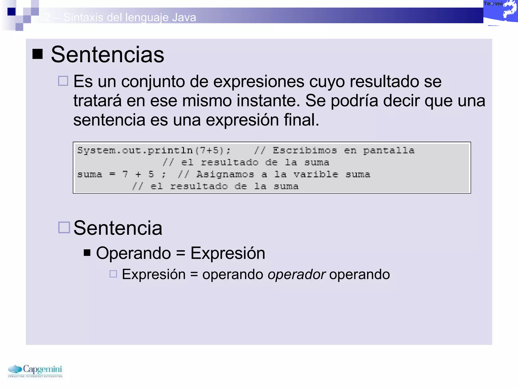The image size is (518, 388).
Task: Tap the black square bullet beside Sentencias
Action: point(37,54)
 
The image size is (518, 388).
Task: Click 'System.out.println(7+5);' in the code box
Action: point(154,151)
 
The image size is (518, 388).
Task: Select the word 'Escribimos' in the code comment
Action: point(305,151)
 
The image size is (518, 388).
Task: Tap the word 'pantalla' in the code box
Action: point(389,151)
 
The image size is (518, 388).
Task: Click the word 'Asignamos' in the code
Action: point(225,174)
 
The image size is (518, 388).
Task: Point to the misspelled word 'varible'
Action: point(316,174)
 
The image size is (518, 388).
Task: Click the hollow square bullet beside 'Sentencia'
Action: point(64,227)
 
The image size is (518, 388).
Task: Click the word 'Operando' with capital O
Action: point(133,253)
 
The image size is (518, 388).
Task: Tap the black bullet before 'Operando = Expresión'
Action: point(87,253)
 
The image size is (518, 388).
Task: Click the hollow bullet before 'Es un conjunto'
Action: point(63,81)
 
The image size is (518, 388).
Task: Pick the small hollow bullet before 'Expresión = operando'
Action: point(113,274)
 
